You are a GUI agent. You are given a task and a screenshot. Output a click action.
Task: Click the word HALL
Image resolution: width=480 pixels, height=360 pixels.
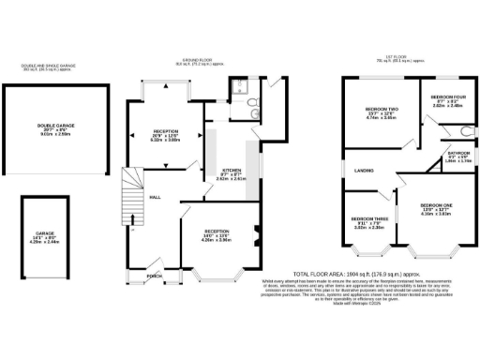[153, 197]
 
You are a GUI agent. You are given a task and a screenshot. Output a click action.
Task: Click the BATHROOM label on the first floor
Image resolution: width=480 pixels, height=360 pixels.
[458, 153]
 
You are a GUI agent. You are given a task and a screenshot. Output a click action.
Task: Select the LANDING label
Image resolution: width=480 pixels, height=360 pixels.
[365, 171]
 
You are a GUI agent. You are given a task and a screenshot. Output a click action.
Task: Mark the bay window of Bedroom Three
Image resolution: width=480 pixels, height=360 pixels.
[367, 250]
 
